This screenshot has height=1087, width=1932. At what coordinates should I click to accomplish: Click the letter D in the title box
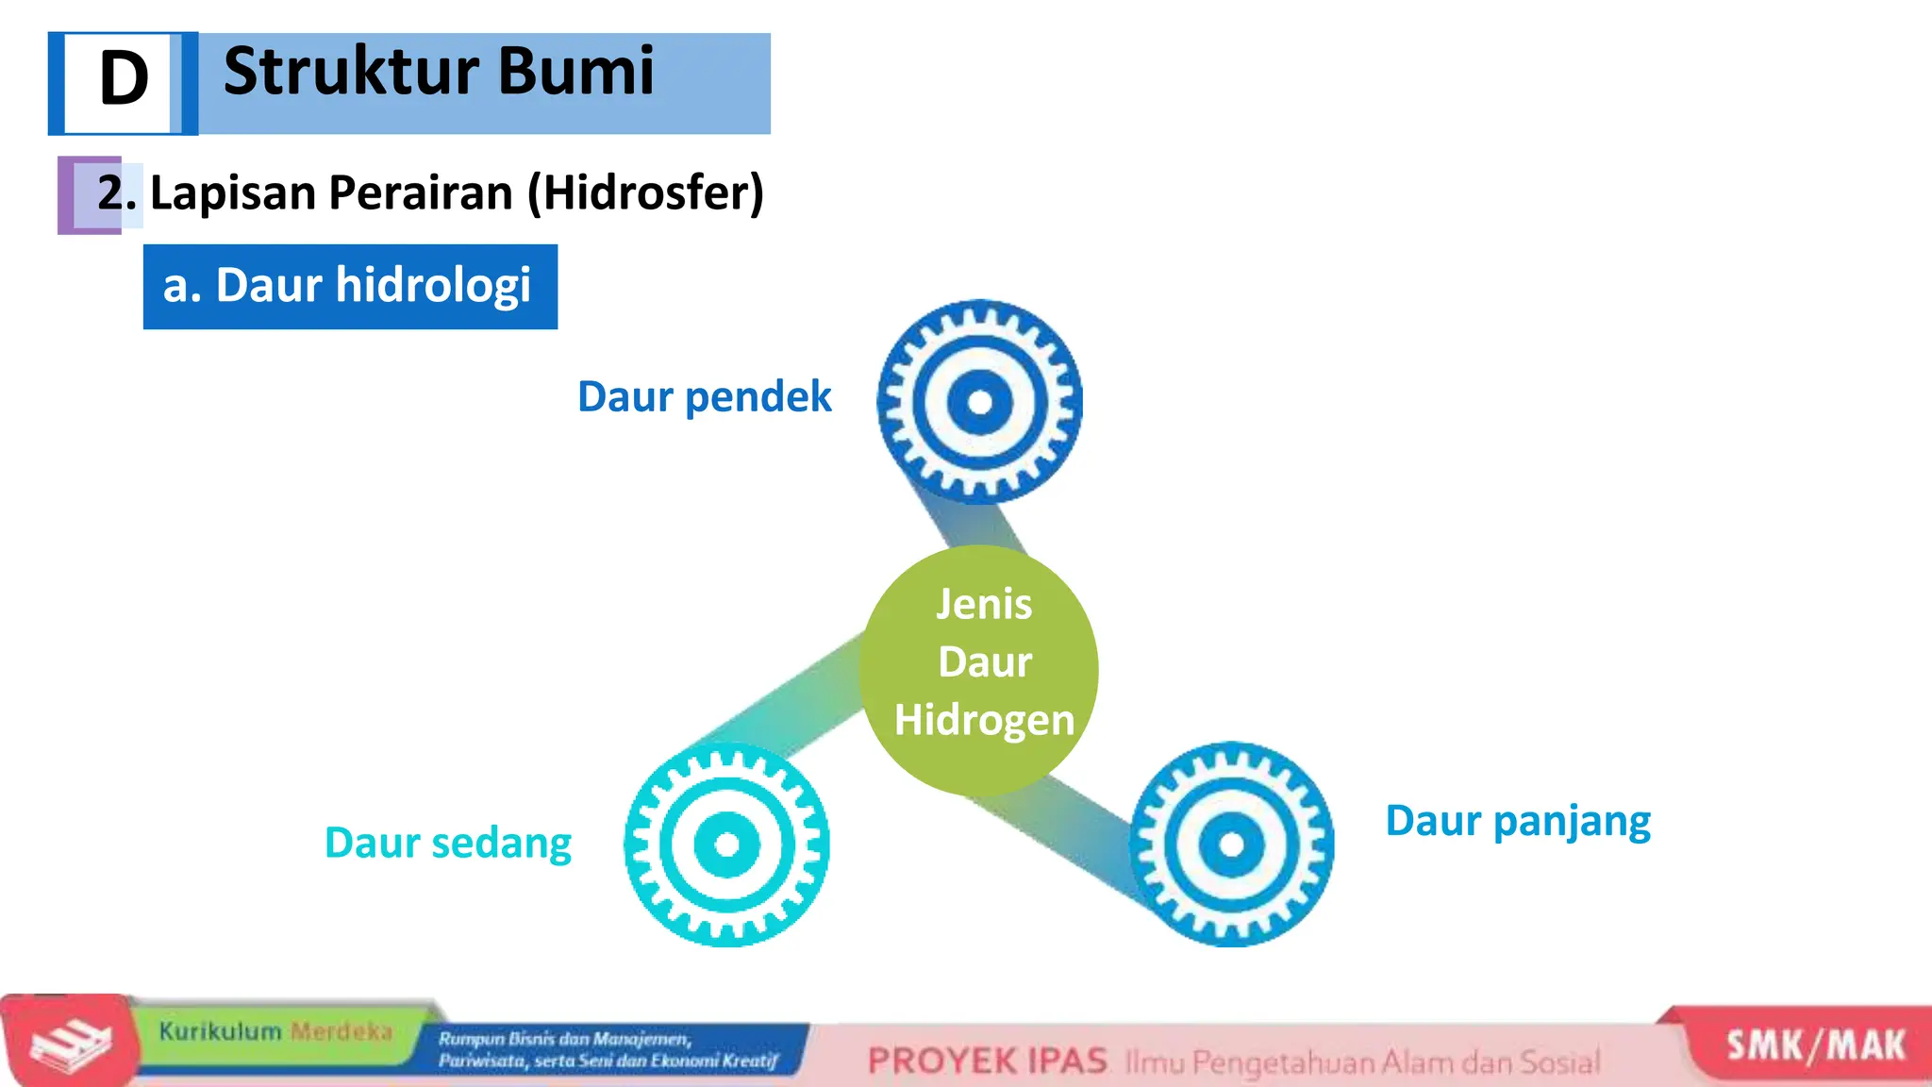(124, 79)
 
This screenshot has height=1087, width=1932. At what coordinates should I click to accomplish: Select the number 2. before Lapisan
(116, 192)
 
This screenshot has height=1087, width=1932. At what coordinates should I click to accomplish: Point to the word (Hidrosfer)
(645, 192)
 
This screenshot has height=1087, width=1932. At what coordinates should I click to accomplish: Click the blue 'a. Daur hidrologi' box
(350, 286)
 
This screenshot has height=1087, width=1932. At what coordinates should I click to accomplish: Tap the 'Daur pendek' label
(704, 396)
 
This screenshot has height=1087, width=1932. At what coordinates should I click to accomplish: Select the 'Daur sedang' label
(447, 843)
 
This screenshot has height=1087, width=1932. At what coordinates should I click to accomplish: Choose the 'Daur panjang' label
(1518, 821)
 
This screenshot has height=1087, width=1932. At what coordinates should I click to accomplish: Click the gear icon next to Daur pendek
(980, 402)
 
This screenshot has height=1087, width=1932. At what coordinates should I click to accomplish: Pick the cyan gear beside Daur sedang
(726, 844)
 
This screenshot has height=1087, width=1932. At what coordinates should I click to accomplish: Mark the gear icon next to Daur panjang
(1232, 843)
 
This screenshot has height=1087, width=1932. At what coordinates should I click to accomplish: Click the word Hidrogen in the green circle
(984, 720)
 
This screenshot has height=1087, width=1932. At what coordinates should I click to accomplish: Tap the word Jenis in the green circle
(984, 604)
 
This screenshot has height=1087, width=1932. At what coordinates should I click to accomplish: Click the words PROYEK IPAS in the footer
(987, 1062)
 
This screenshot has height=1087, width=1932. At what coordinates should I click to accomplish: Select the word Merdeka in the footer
(341, 1031)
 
